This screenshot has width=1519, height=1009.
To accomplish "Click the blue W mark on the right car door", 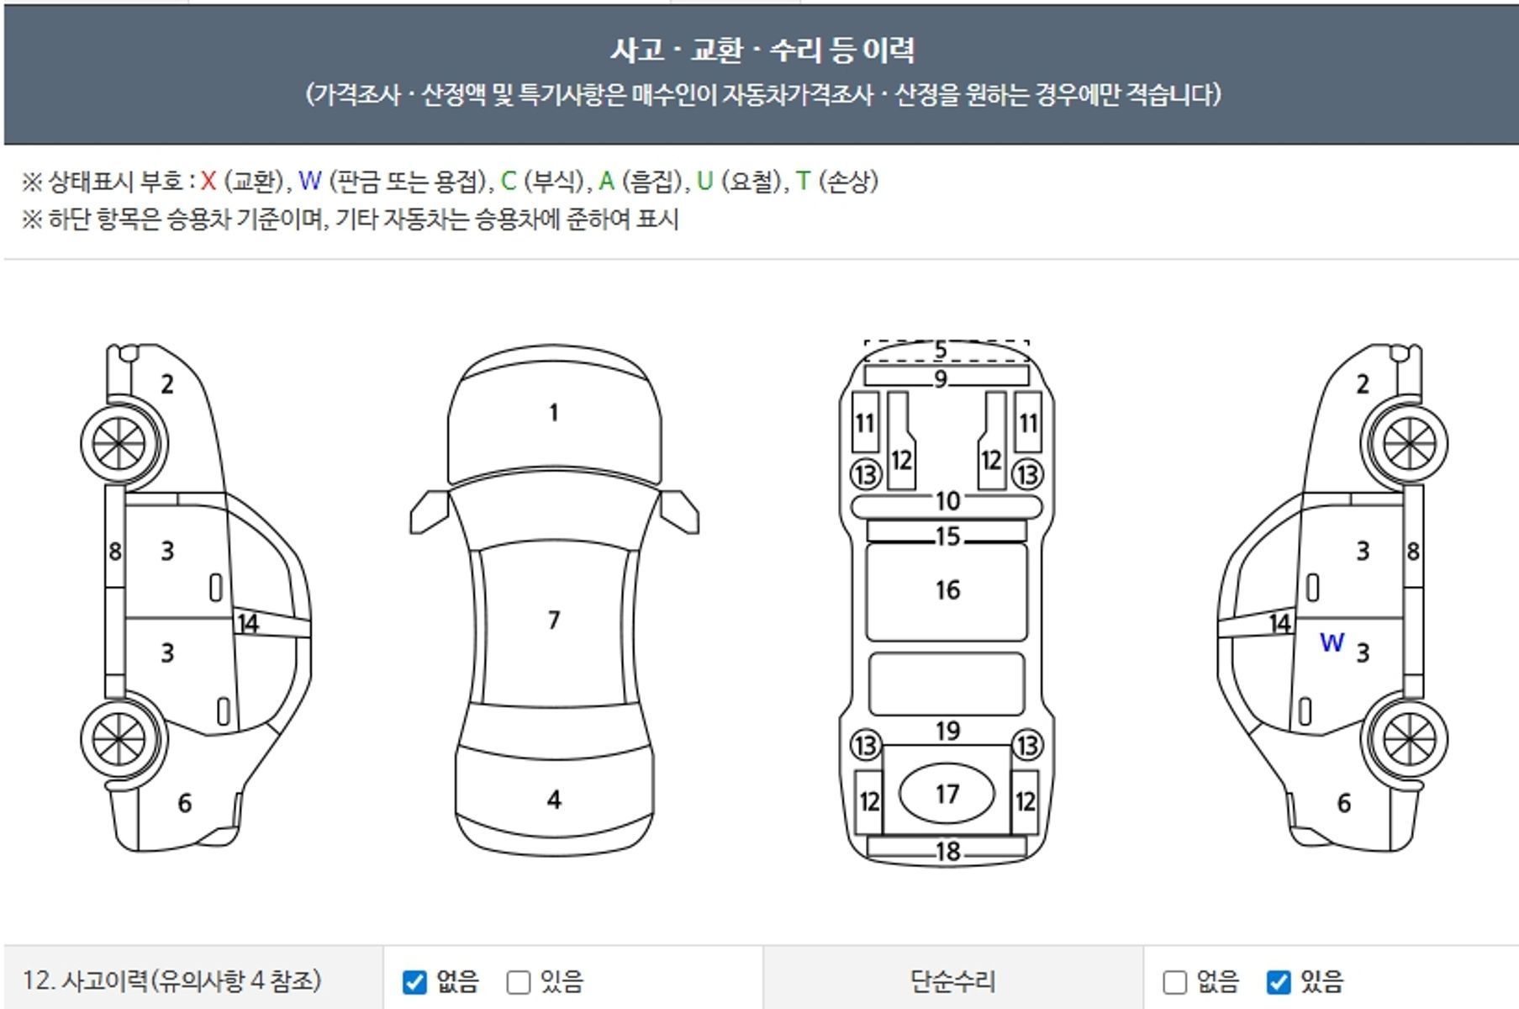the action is click(x=1332, y=643).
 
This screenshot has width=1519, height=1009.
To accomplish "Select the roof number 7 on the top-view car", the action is click(x=553, y=621).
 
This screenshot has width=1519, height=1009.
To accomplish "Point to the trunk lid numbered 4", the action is click(x=553, y=800).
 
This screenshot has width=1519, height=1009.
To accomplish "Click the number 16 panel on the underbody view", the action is click(x=947, y=591).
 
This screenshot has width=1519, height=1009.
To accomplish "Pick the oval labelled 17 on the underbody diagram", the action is click(x=947, y=794).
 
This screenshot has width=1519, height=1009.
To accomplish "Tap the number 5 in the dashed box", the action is click(x=941, y=350).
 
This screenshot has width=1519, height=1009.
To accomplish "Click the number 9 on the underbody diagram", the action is click(x=941, y=380).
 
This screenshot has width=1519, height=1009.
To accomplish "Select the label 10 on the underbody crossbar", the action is click(x=947, y=501).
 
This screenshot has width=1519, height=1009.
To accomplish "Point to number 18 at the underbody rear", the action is click(x=947, y=852).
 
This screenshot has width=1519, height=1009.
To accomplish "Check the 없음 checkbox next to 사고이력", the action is click(x=414, y=982).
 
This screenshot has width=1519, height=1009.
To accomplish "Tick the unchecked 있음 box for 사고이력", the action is click(x=519, y=982).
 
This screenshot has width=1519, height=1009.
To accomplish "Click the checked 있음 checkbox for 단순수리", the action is click(x=1278, y=982).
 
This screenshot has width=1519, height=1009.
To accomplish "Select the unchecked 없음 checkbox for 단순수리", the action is click(x=1174, y=982).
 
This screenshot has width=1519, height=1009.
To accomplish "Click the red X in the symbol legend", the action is click(x=208, y=181).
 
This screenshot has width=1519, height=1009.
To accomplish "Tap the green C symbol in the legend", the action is click(x=508, y=181).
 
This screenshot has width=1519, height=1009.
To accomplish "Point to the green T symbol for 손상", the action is click(x=803, y=181).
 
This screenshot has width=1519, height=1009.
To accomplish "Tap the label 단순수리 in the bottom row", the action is click(x=952, y=981).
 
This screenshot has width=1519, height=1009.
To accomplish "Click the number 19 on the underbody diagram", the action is click(x=947, y=732).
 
